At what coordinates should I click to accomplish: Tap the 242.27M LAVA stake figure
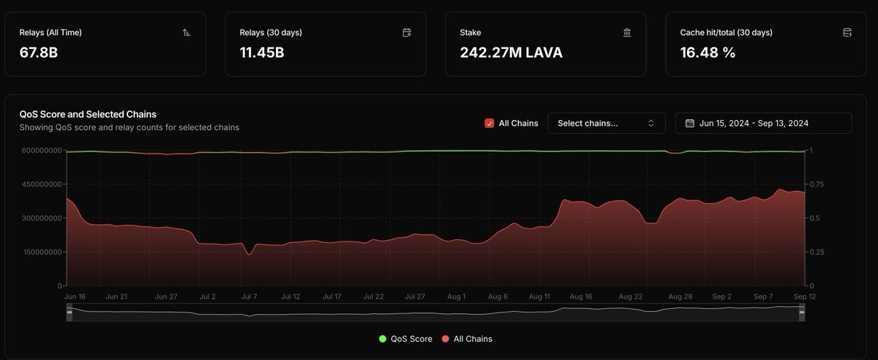click(511, 53)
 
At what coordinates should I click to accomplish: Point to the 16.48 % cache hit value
click(708, 53)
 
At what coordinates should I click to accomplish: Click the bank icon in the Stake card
click(627, 33)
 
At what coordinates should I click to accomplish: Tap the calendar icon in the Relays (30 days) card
click(407, 33)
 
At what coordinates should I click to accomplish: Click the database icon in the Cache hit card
click(847, 33)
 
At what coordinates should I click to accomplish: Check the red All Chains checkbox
click(489, 123)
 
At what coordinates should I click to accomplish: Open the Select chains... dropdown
click(606, 123)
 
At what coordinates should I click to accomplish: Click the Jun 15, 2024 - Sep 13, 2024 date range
click(763, 123)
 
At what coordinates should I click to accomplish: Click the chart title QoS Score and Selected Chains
click(88, 114)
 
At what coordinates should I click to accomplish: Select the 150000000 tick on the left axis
click(41, 252)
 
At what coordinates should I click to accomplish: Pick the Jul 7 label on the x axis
click(249, 297)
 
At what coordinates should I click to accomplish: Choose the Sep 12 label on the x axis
click(805, 297)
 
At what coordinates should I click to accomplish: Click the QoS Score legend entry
click(405, 339)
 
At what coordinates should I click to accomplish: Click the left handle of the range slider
click(70, 312)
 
